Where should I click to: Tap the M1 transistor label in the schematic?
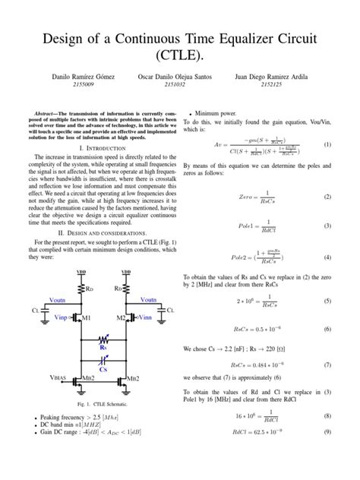[85, 316]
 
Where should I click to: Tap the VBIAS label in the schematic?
[42, 377]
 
